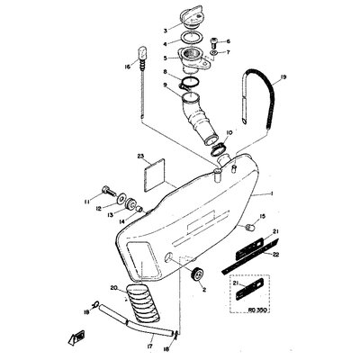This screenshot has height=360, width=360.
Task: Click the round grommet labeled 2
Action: tap(197, 272)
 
